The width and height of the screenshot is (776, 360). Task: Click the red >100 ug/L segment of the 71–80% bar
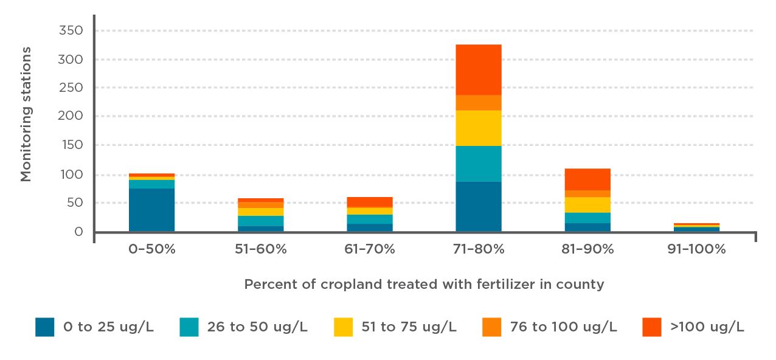[478, 69]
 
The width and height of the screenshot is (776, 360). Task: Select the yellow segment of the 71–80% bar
[478, 128]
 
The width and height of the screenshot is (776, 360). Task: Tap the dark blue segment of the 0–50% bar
[151, 210]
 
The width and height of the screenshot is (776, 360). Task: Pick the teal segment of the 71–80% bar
[478, 164]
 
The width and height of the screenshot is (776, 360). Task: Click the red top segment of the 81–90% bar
[587, 179]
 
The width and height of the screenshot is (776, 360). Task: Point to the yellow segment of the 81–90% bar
[587, 204]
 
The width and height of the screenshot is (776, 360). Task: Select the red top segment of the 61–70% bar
[369, 202]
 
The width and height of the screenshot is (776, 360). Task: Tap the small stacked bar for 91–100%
[696, 228]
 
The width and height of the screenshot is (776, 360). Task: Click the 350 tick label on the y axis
[71, 30]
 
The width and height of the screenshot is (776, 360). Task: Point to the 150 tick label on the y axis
[71, 145]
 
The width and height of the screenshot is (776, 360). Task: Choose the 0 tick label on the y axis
[78, 232]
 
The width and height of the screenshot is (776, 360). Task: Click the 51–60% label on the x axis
[260, 249]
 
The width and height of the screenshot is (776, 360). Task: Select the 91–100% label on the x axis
[696, 249]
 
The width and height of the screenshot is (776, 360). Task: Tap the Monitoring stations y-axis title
[26, 114]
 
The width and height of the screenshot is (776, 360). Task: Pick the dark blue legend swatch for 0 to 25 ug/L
[44, 327]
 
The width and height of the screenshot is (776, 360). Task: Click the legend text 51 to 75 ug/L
[409, 327]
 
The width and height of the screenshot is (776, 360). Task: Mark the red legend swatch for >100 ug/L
[651, 327]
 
